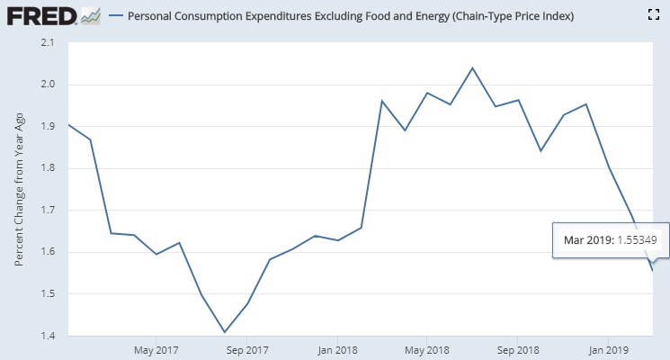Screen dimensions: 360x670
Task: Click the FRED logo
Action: (x=40, y=15)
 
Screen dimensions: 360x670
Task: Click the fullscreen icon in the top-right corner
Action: (x=654, y=15)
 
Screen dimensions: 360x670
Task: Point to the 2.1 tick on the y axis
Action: (x=47, y=43)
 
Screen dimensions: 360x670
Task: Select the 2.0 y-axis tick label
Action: (x=47, y=85)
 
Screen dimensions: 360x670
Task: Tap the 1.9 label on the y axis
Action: (x=47, y=127)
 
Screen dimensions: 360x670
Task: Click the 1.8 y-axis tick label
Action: (x=47, y=168)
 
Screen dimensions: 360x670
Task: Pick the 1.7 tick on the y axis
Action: (x=47, y=211)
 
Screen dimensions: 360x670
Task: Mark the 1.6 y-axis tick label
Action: (x=47, y=252)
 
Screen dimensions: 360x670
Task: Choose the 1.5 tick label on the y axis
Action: (x=47, y=294)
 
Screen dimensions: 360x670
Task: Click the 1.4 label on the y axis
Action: (x=47, y=336)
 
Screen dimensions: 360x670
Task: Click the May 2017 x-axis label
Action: (x=156, y=349)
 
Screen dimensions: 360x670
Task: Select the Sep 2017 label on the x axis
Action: (x=247, y=349)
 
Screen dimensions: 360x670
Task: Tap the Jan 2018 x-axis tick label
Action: (x=338, y=349)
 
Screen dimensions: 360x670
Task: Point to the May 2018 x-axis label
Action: (x=427, y=349)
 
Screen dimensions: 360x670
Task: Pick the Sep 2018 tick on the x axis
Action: (x=518, y=349)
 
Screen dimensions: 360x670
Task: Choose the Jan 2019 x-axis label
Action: (x=608, y=349)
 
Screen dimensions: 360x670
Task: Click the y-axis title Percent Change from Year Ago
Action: (x=20, y=189)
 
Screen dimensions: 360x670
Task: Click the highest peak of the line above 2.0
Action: (x=473, y=67)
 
